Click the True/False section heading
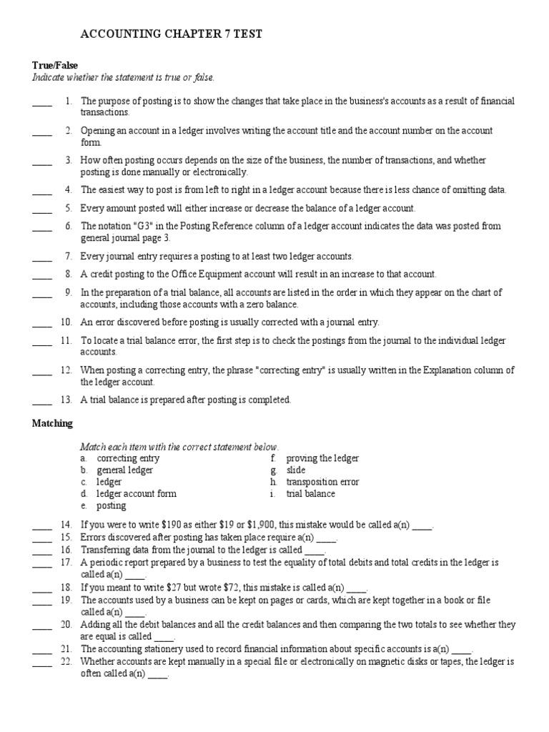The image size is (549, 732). coord(55,65)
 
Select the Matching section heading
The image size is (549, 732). coord(52,423)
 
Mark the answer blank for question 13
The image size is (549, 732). coord(42,400)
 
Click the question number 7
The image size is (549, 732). coord(68,256)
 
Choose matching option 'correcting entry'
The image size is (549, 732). coord(128,458)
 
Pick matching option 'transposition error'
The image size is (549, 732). coord(322,482)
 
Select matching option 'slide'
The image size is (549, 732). coord(296,470)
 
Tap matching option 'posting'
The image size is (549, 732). coord(112,505)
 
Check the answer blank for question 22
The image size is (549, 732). coord(42,663)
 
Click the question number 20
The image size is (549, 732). coord(66,625)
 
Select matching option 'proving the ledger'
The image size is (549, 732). coord(322,458)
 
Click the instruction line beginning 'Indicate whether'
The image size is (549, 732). coord(123,77)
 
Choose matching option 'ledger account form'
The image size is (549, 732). coord(137,494)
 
